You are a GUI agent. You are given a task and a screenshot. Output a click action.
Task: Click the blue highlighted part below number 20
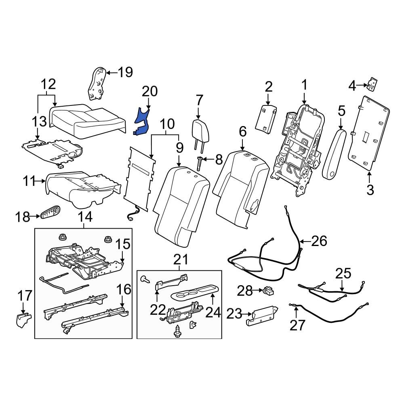[x=141, y=121]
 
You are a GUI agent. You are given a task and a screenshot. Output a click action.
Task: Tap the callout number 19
[x=125, y=72]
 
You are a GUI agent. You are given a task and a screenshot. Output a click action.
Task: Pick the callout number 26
[x=319, y=241]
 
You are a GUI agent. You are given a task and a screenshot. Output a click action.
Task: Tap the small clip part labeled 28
[x=267, y=290]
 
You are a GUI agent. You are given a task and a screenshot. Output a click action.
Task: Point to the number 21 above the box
[x=179, y=258]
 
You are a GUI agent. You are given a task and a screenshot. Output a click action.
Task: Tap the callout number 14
[x=85, y=217]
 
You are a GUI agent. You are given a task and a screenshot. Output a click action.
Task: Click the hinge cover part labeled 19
[x=97, y=84]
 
